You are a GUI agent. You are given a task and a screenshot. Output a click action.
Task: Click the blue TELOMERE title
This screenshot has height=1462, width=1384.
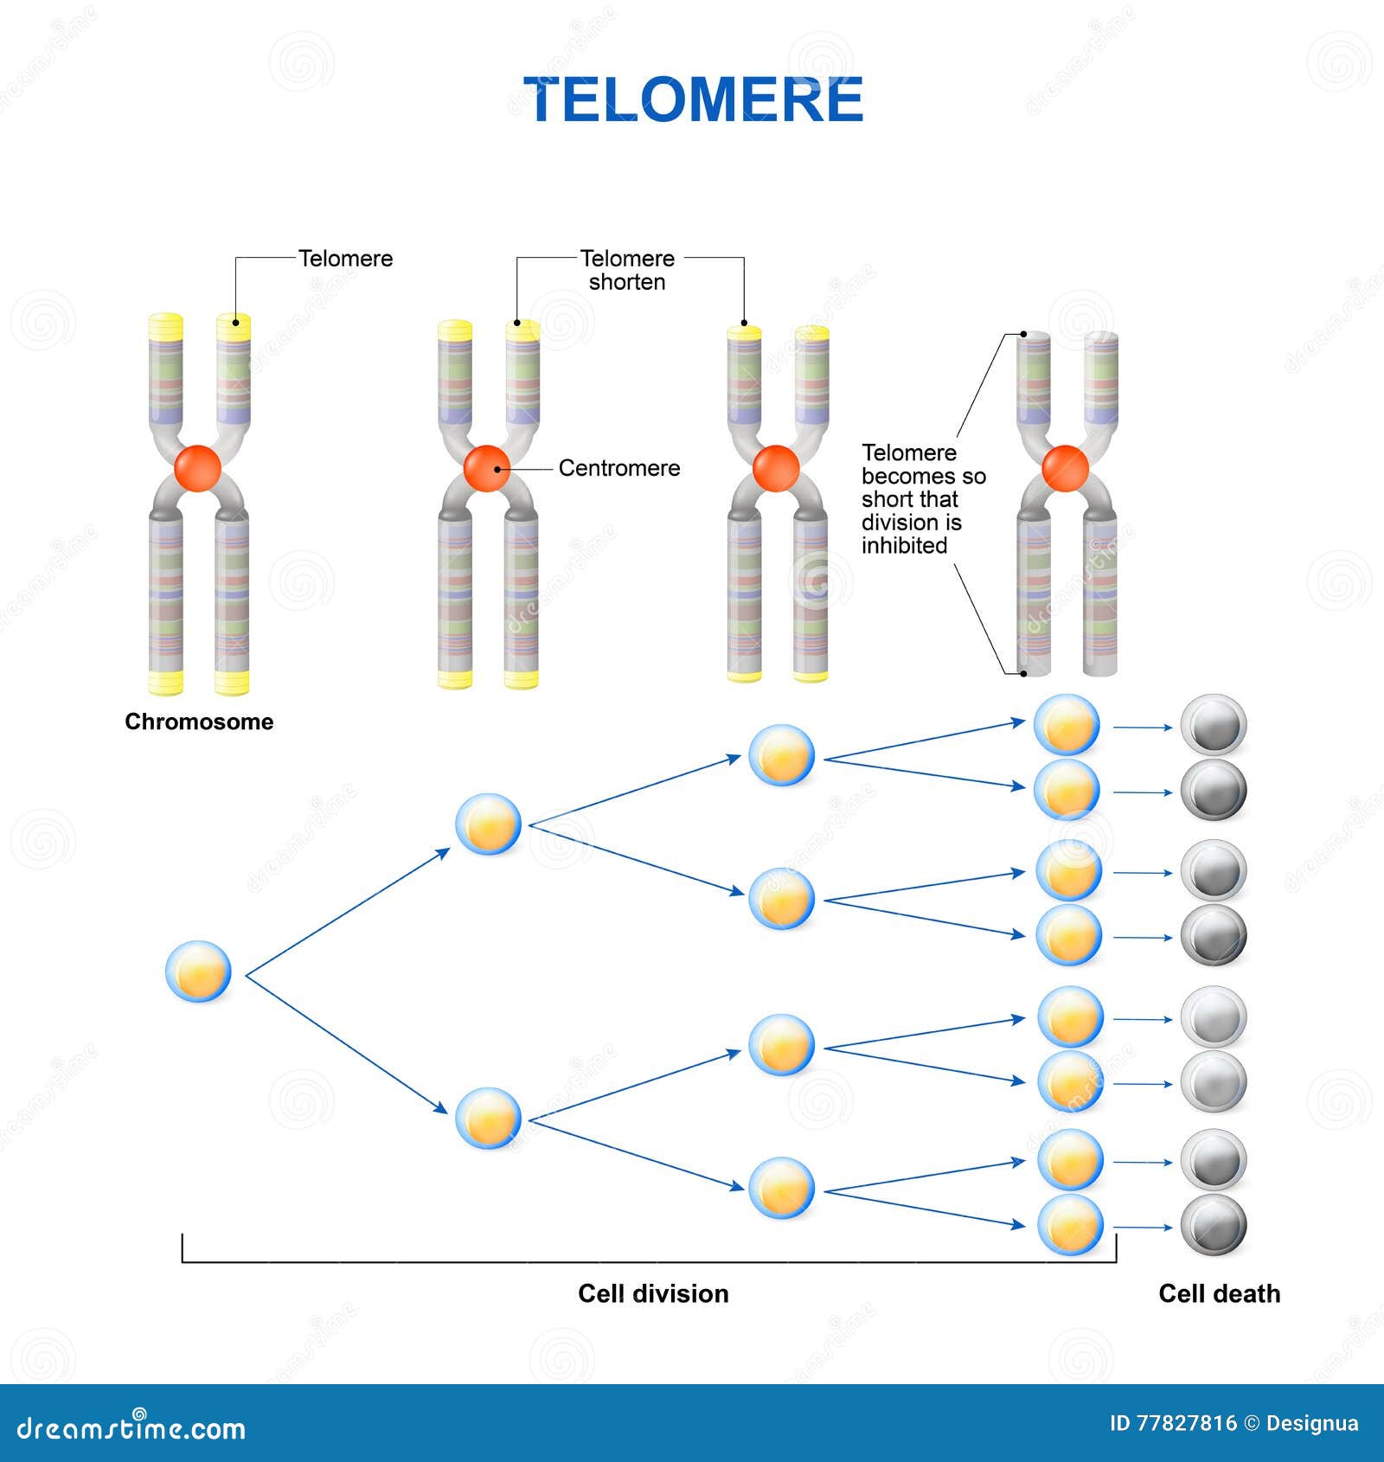(x=693, y=99)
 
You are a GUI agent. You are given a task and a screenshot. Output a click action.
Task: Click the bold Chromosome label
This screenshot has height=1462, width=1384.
(x=199, y=721)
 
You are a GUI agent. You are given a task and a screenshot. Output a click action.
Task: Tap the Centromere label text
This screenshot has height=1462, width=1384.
(x=619, y=468)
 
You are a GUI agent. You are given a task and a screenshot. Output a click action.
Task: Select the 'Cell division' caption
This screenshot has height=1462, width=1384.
(x=653, y=1293)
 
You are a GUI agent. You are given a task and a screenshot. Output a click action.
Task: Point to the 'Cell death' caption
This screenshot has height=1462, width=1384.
(x=1219, y=1293)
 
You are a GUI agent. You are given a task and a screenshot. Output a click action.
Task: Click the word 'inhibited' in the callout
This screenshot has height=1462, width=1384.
(x=904, y=546)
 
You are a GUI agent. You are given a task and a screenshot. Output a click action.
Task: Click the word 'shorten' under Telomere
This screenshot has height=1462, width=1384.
(x=627, y=282)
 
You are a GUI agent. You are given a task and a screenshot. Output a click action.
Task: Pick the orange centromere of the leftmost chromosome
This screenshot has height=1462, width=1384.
(x=198, y=469)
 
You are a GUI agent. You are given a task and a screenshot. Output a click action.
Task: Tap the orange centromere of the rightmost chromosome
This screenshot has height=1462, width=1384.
(x=1065, y=469)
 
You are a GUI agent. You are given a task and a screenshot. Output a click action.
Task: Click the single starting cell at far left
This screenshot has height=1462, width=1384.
(x=198, y=971)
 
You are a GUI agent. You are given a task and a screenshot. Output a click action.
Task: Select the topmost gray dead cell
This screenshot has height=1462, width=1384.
(x=1214, y=724)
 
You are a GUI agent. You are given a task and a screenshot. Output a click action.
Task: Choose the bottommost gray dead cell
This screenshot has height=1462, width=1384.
(x=1214, y=1225)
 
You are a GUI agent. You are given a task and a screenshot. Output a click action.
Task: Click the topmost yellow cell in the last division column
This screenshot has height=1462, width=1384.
(x=1067, y=725)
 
